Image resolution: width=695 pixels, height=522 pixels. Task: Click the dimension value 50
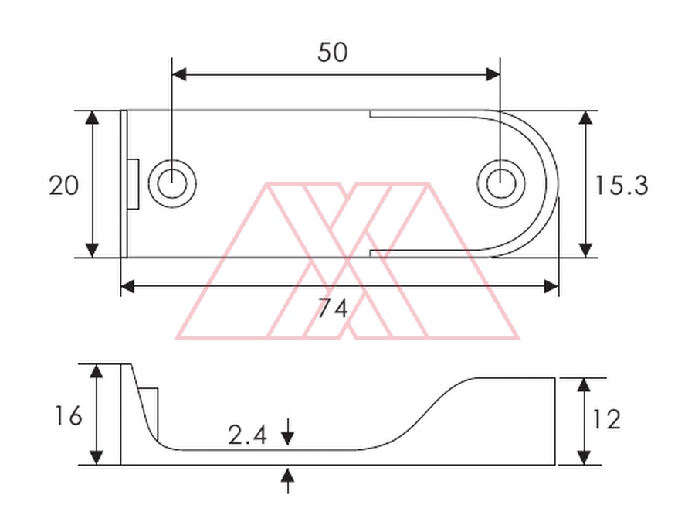pos(332,52)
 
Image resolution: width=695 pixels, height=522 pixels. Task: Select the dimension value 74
pos(333,308)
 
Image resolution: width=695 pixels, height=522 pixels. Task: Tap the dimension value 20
pos(64,185)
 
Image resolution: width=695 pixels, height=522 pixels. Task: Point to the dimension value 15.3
pos(621,185)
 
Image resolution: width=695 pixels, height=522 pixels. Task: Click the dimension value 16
pos(68,416)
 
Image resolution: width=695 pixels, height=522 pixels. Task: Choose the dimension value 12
pos(606,419)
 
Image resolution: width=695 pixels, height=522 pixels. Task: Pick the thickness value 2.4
pos(247,435)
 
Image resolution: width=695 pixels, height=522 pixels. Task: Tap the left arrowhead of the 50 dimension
pos(179,74)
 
